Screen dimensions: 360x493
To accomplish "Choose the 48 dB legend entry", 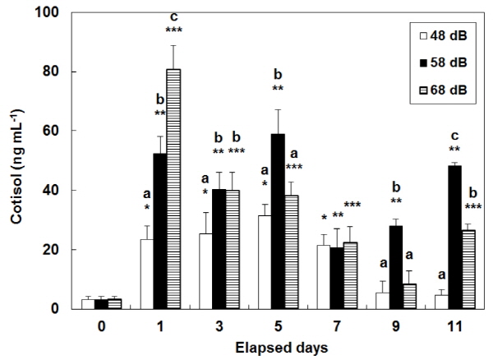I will tap(436, 37).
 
